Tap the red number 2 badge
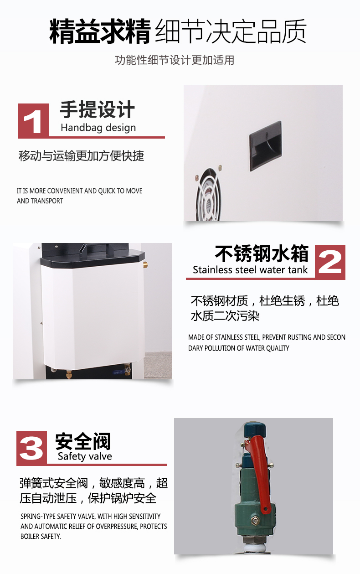pyautogui.click(x=330, y=262)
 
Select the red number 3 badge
pyautogui.click(x=32, y=448)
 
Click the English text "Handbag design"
pyautogui.click(x=98, y=128)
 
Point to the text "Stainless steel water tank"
pyautogui.click(x=250, y=269)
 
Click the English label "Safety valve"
pyautogui.click(x=85, y=456)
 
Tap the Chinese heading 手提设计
pyautogui.click(x=97, y=110)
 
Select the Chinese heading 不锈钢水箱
pyautogui.click(x=262, y=253)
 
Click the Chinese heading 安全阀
pyautogui.click(x=83, y=441)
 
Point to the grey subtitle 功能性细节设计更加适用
pyautogui.click(x=175, y=60)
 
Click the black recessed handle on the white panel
pyautogui.click(x=265, y=146)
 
